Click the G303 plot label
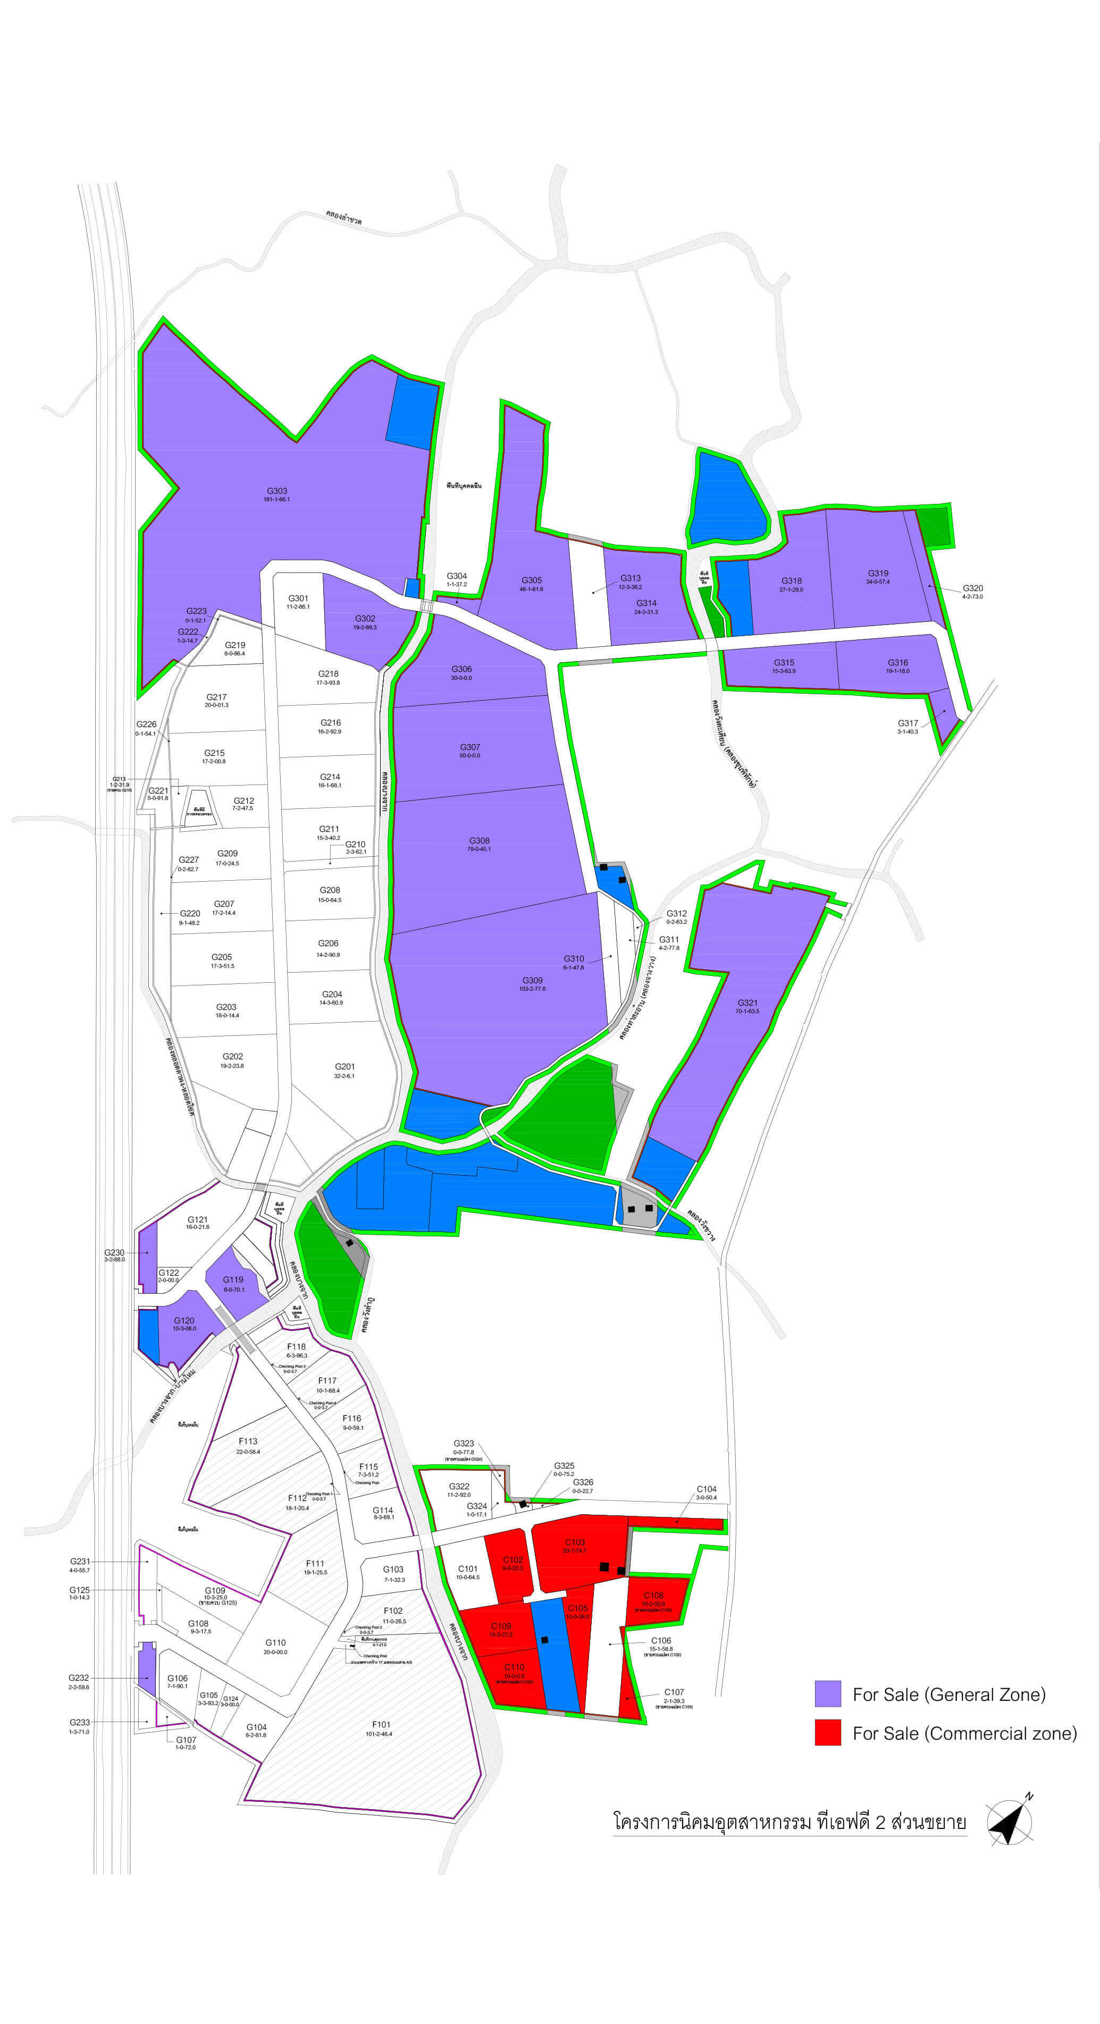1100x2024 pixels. (x=276, y=491)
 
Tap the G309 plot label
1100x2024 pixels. (x=533, y=981)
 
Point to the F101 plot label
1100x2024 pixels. (x=381, y=1725)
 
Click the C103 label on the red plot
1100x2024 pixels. (x=574, y=1542)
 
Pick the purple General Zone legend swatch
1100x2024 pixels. (x=827, y=1694)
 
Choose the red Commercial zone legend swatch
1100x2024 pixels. (x=827, y=1733)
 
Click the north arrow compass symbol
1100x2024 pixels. (x=1010, y=1821)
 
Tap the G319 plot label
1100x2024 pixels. (x=878, y=574)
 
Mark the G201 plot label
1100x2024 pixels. (x=345, y=1067)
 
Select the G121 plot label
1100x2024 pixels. (x=197, y=1220)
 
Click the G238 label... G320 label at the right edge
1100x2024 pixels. (x=973, y=588)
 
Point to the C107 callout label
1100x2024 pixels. (x=674, y=1692)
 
